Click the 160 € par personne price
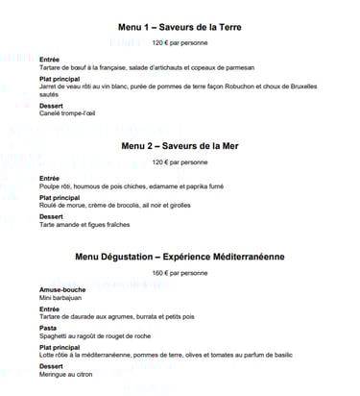[x=180, y=274]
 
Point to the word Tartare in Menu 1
[x=51, y=69]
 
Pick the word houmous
[x=86, y=186]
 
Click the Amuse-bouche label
[x=60, y=290]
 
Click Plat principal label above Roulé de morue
[x=60, y=196]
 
